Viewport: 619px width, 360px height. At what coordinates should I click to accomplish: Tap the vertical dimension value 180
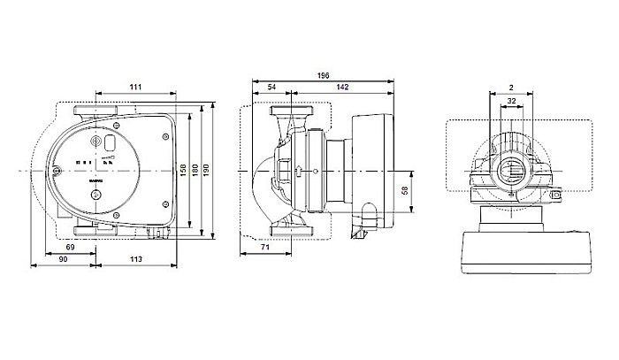point(197,169)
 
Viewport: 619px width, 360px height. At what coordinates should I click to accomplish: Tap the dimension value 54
point(271,88)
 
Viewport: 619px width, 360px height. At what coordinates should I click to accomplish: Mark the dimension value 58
point(405,192)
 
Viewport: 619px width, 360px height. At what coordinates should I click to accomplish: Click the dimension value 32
point(511,102)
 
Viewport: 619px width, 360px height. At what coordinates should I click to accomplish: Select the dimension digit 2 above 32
point(511,89)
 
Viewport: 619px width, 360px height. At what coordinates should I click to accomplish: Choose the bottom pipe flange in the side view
point(290,233)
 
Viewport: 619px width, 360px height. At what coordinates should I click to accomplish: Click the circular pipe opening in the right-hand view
point(512,169)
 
